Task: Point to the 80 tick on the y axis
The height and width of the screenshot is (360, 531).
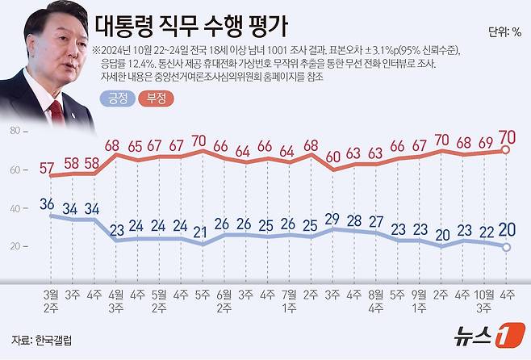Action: [x=14, y=131]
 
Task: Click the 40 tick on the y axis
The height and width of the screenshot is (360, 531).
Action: [x=14, y=208]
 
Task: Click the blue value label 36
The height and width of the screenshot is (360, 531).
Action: [x=53, y=204]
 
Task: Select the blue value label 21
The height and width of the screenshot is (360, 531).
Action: [x=200, y=232]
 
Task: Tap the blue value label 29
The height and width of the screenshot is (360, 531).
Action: [x=332, y=219]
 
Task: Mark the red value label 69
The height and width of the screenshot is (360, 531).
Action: [x=484, y=143]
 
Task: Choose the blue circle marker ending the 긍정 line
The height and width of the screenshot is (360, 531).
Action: [x=507, y=247]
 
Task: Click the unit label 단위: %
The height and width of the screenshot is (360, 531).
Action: [x=504, y=33]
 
